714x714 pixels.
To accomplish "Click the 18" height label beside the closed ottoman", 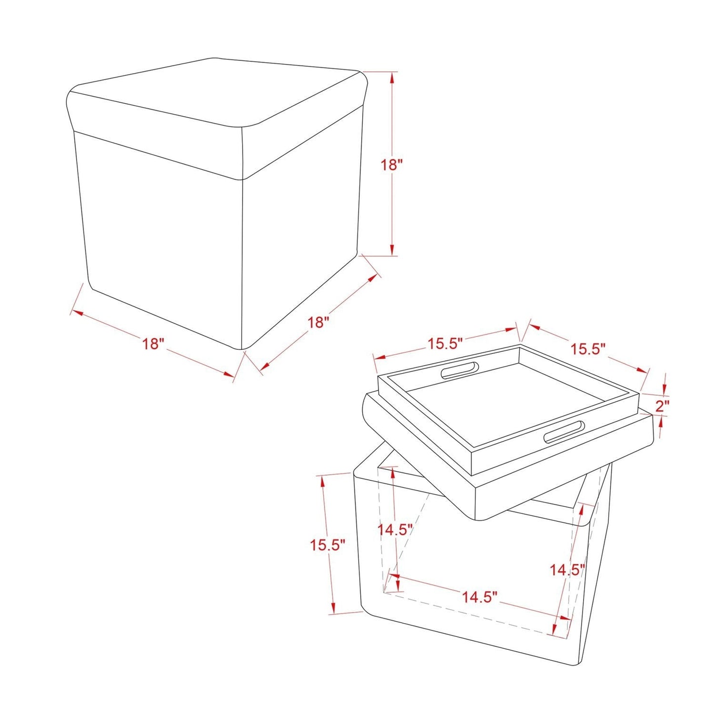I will pos(392,165).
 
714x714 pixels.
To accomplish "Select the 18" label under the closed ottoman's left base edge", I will pos(153,343).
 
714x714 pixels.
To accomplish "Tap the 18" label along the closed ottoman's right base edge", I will pos(318,322).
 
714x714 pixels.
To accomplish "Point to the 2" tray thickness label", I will pos(662,406).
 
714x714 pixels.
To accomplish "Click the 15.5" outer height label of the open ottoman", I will pos(327,545).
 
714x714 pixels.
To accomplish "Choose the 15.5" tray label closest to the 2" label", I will pos(588,349).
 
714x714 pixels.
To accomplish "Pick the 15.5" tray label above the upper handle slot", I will pos(445,343).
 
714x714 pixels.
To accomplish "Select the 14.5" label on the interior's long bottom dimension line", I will pos(479,597).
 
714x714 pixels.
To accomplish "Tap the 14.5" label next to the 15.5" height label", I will pos(395,530).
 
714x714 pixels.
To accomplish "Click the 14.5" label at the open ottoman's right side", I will pos(567,570).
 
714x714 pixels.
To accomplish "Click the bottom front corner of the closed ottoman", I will pos(242,348).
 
